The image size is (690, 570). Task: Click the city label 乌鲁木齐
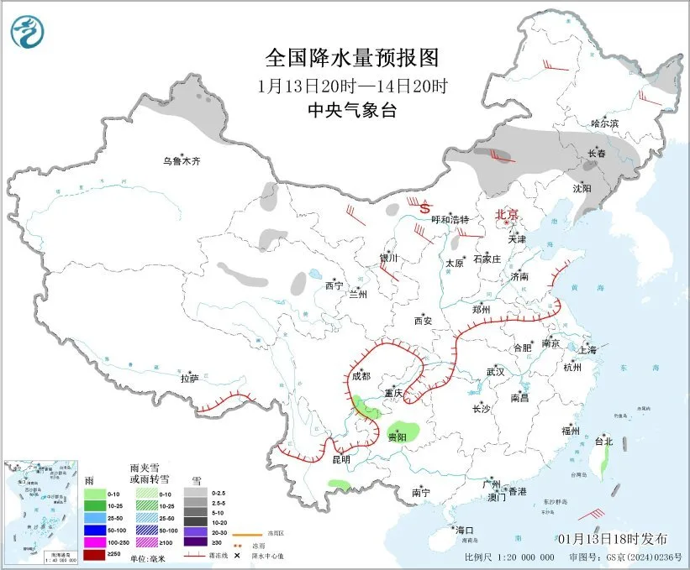click(183, 160)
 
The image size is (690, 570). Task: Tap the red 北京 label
click(508, 215)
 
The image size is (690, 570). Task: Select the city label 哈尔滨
click(603, 123)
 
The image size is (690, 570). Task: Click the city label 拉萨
click(190, 379)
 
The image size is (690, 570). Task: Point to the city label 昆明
click(340, 459)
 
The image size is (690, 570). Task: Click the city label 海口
click(465, 530)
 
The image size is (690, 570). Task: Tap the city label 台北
click(603, 441)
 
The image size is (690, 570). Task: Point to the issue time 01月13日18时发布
click(612, 538)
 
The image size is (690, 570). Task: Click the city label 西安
click(422, 320)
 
